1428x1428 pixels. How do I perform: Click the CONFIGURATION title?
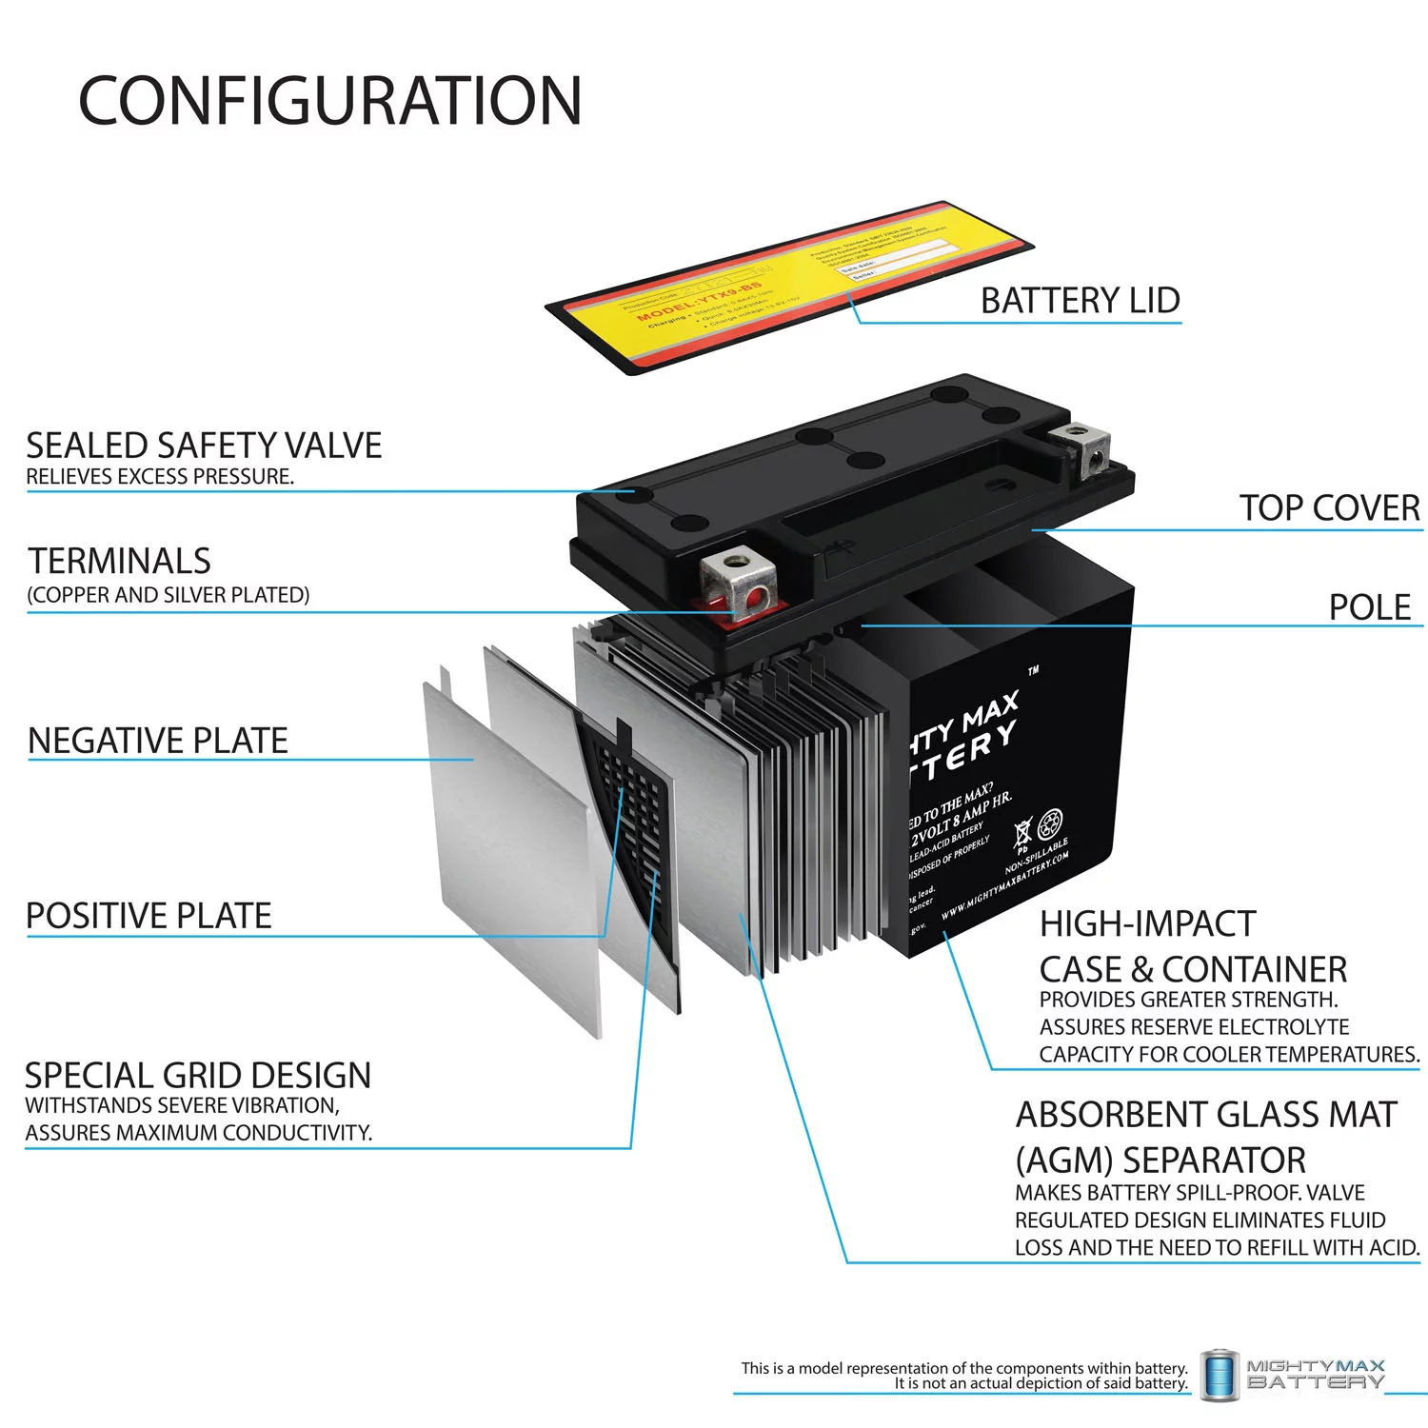click(329, 101)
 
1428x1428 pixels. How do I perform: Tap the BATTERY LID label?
click(1080, 300)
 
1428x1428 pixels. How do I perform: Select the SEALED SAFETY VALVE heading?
click(204, 446)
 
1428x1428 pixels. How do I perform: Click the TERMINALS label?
click(120, 561)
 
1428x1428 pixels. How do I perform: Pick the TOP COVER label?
click(1328, 507)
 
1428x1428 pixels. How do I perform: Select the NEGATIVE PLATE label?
click(158, 740)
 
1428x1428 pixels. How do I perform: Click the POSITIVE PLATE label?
click(149, 915)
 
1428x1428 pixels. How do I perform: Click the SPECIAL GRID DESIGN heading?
click(198, 1075)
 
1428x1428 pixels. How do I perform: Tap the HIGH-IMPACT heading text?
click(1147, 923)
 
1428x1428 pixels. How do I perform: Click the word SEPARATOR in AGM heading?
click(1214, 1160)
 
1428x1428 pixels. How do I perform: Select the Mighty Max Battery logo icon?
click(1219, 1375)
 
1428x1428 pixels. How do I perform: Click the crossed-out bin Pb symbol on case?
click(1021, 833)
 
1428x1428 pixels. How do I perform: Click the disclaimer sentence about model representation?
click(963, 1375)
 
